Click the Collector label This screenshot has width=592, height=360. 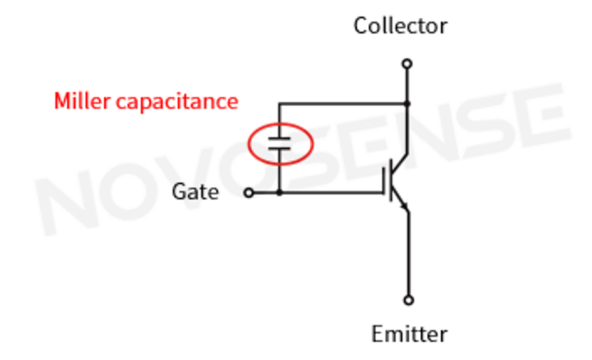point(400,26)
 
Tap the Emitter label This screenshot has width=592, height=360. point(409,334)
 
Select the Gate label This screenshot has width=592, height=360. point(195,191)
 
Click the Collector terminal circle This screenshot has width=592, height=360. point(407,64)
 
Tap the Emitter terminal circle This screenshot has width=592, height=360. point(409,300)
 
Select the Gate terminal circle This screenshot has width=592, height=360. point(249,192)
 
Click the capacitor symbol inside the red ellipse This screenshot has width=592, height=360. point(279,143)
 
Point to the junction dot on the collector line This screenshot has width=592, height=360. point(407,104)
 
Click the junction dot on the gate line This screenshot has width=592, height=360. point(279,192)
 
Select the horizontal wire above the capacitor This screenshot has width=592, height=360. point(343,104)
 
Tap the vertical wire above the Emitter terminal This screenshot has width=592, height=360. point(409,254)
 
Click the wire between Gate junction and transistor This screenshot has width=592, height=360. point(331,192)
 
